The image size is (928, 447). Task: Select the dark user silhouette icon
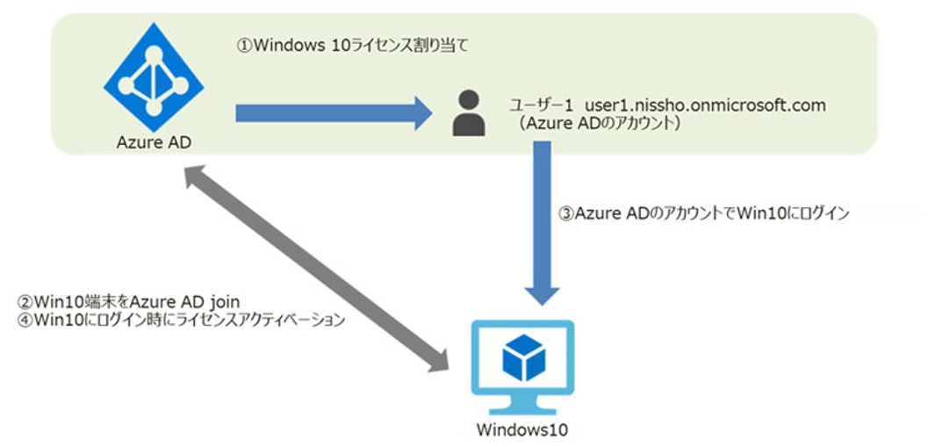469,112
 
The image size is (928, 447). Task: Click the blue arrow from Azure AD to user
334,112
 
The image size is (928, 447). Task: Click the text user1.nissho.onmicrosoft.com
707,105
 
